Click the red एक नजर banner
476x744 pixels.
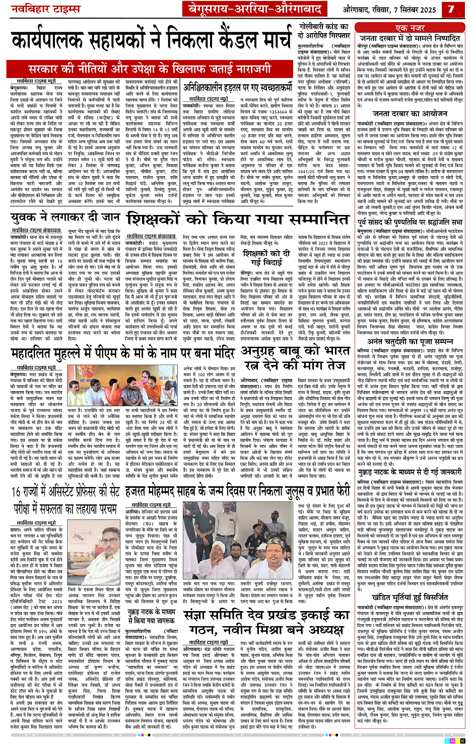(x=410, y=28)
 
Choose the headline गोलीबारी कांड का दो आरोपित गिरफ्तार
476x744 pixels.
(x=324, y=32)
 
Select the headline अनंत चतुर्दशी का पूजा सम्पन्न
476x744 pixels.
(x=411, y=341)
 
